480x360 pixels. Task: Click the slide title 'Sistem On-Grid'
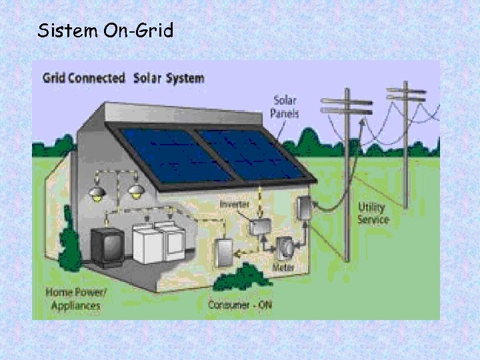click(105, 30)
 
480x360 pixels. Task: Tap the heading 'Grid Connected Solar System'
click(123, 78)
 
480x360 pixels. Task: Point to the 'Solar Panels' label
click(285, 106)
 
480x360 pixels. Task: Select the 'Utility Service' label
click(373, 213)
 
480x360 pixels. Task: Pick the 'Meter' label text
click(283, 267)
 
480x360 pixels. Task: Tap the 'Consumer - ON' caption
click(240, 304)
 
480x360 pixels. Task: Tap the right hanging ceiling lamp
click(136, 192)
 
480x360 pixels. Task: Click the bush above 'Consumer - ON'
click(242, 277)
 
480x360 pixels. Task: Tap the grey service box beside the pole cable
click(304, 210)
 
